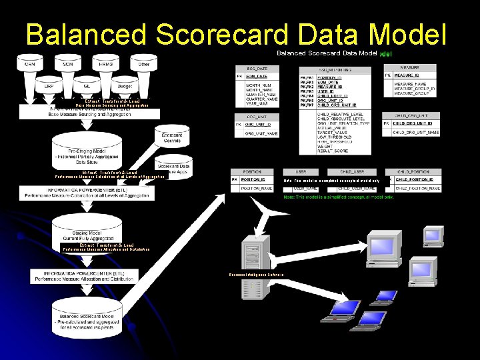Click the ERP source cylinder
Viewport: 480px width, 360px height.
49,87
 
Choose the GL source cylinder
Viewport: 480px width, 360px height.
86,87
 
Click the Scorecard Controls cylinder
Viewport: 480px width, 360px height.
172,137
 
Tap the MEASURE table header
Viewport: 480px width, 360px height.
410,67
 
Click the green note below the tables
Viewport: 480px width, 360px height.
339,197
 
